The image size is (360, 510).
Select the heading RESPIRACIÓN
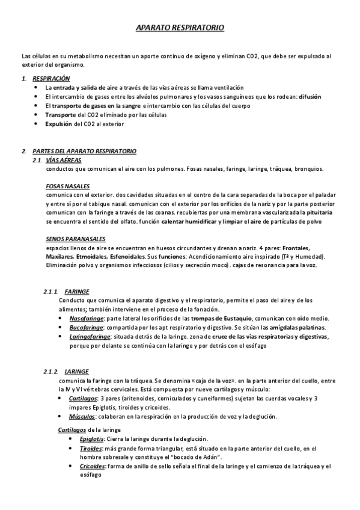click(x=51, y=78)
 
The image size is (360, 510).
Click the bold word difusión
click(x=309, y=96)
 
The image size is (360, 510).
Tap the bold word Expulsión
click(x=58, y=124)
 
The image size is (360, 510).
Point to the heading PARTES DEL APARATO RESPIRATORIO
click(x=84, y=151)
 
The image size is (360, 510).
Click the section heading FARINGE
click(x=76, y=291)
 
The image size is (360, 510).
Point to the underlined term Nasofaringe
click(x=87, y=318)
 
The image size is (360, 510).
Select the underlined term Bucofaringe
click(x=85, y=327)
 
